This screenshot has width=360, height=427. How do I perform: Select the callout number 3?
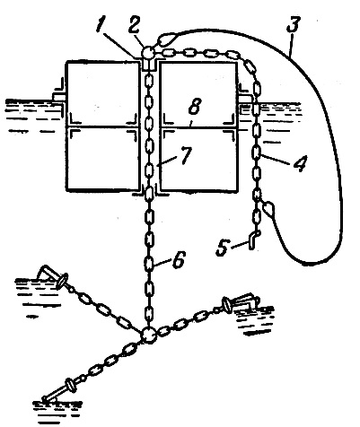click(x=293, y=24)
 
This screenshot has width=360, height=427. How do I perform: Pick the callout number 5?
click(x=223, y=248)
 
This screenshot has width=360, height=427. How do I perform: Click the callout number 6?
click(x=179, y=259)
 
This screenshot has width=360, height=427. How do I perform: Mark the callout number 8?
click(x=195, y=107)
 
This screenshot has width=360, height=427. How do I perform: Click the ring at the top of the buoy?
click(x=147, y=53)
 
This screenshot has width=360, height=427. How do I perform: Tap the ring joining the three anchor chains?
click(x=149, y=335)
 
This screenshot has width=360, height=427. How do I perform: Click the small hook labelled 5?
click(x=253, y=240)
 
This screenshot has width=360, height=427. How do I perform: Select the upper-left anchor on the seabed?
click(x=51, y=275)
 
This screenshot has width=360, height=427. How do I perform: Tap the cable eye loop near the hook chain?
click(x=268, y=208)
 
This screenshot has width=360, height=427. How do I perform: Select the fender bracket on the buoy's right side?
click(x=244, y=96)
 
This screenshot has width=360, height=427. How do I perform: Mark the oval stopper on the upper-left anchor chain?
click(x=62, y=281)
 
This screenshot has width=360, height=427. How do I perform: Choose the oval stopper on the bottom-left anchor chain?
click(x=71, y=385)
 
